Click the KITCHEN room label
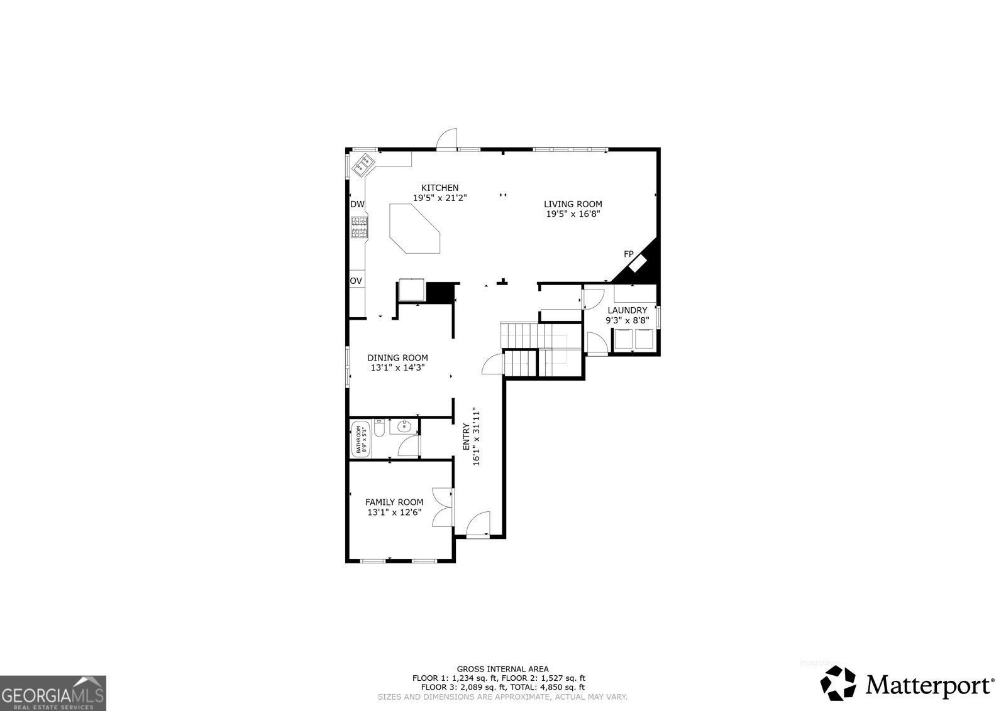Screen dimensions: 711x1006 (x=439, y=188)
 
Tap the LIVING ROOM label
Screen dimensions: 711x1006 (x=573, y=204)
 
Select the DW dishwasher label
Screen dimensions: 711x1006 (x=357, y=204)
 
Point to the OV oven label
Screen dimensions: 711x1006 (x=356, y=281)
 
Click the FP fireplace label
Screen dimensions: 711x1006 (x=628, y=254)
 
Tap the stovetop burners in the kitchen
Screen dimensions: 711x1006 (x=359, y=227)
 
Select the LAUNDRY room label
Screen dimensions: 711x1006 (x=627, y=310)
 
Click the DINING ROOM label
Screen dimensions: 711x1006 (x=397, y=358)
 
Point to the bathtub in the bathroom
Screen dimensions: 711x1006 (x=360, y=440)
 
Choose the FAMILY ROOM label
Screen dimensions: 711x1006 (x=394, y=502)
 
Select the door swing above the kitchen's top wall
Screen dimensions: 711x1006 (x=448, y=139)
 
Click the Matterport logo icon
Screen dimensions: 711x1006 (x=839, y=683)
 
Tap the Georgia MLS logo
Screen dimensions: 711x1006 (x=53, y=693)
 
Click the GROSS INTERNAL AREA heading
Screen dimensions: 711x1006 (x=502, y=670)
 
